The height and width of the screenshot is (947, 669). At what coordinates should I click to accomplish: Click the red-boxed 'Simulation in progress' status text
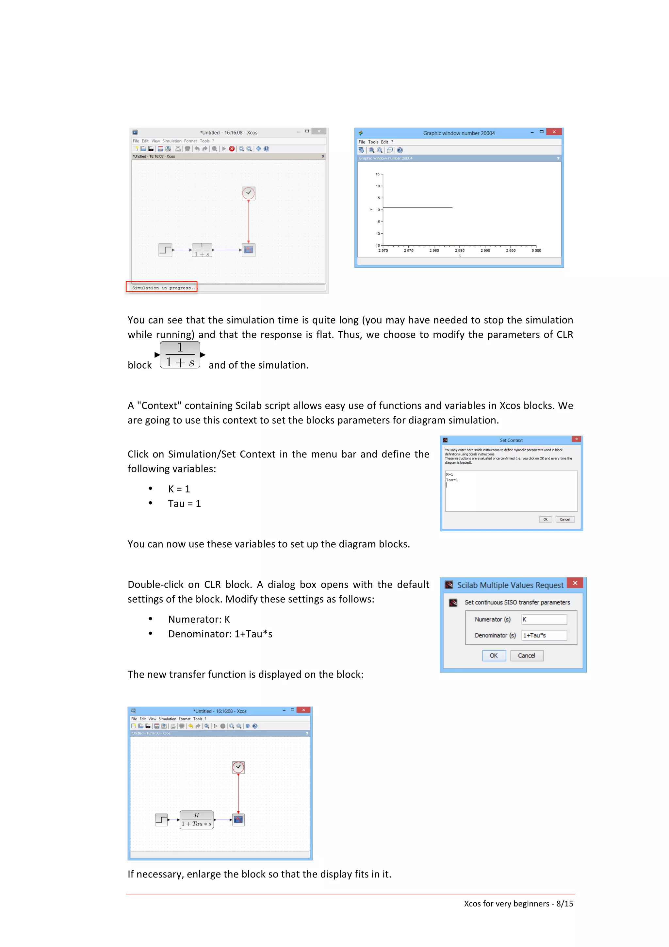[162, 288]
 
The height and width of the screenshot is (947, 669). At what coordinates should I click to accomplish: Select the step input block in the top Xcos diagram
[165, 250]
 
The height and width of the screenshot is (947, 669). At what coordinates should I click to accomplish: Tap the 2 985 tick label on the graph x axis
[460, 250]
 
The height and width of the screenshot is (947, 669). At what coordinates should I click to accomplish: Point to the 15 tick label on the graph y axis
[377, 174]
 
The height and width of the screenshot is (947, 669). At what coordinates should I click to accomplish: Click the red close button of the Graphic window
[554, 132]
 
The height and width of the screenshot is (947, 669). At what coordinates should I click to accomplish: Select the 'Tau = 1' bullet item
[184, 504]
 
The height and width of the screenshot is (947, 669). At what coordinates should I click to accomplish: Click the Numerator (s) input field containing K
[544, 619]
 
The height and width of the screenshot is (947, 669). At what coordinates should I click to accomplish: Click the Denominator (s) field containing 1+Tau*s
[544, 635]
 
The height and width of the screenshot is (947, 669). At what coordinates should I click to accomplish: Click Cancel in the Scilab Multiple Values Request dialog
[526, 656]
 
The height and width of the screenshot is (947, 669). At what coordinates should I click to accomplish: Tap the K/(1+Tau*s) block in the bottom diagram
[197, 820]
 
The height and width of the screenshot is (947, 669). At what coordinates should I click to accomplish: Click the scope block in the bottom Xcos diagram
[238, 820]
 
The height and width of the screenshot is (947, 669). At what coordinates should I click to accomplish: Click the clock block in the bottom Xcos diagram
[238, 767]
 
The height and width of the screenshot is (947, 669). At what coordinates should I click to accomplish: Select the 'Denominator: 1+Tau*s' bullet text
[220, 634]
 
